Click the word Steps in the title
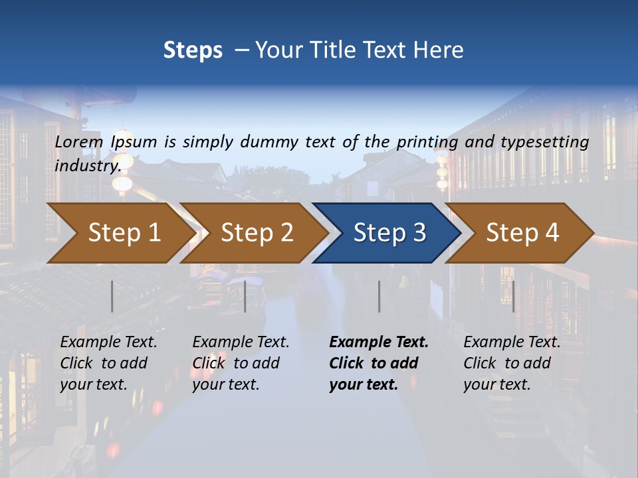tap(193, 50)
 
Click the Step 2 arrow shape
tap(257, 233)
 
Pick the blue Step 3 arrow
tap(389, 233)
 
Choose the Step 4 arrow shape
tap(522, 233)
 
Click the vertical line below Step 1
tap(112, 296)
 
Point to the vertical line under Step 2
tap(245, 296)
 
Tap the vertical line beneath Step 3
tap(379, 296)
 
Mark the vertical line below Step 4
tap(513, 296)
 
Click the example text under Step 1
tap(108, 363)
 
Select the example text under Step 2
tap(241, 363)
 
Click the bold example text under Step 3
tap(379, 363)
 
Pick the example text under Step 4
tap(512, 363)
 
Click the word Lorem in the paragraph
tap(79, 141)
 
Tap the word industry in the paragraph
tap(87, 165)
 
